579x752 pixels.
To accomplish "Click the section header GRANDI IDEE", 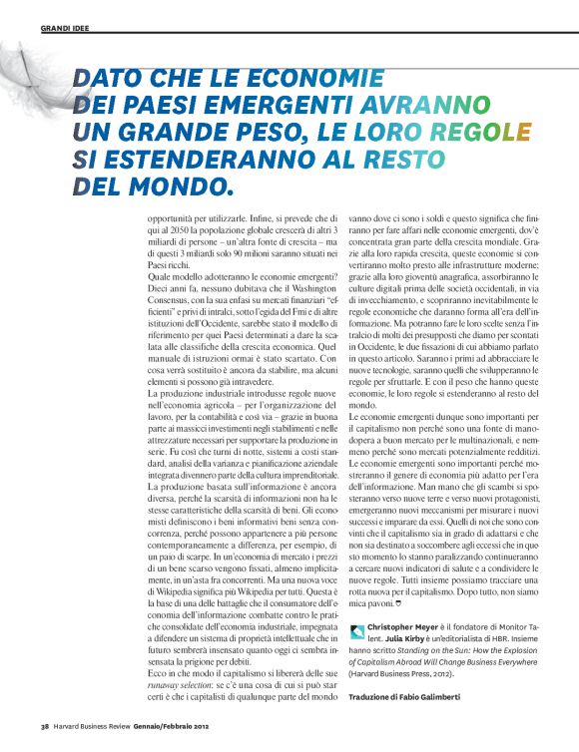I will [64, 28].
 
